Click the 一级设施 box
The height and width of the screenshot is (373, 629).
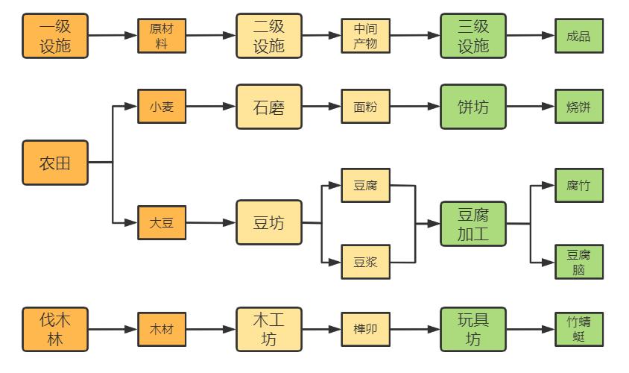point(54,36)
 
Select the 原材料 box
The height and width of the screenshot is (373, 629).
point(162,36)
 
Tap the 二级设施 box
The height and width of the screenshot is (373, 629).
point(269,36)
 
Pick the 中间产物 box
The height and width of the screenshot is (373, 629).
point(365,36)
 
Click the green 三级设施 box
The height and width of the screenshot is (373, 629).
point(472,36)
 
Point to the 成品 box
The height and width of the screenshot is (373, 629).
point(578,36)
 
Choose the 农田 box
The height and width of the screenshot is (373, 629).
point(54,162)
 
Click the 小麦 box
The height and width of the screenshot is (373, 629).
point(162,107)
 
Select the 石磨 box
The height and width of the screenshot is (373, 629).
point(269,107)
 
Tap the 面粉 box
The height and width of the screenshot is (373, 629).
point(365,107)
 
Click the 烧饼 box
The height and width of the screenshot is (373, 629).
point(578,107)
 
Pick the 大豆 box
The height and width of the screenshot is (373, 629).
point(162,222)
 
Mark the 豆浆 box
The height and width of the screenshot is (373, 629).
point(365,262)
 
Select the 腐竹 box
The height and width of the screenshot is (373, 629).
point(578,185)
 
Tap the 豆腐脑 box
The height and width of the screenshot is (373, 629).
point(578,262)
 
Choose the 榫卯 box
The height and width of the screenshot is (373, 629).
point(365,329)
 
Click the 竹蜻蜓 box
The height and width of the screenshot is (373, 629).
point(578,329)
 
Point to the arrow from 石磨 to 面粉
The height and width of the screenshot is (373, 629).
point(321,107)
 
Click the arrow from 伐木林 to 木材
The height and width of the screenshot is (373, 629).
point(113,329)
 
